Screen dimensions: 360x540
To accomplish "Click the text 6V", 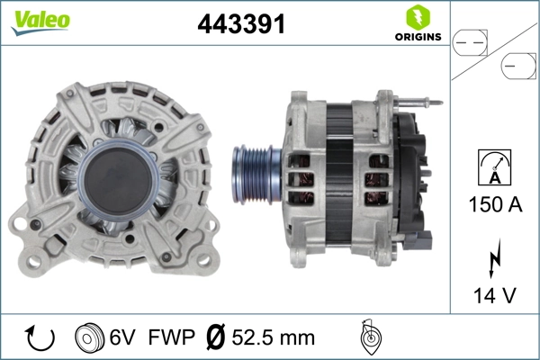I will coord(123,338).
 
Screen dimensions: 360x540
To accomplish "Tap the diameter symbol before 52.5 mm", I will coord(216,338).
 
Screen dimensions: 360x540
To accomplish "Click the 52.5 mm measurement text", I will coord(274,338).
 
